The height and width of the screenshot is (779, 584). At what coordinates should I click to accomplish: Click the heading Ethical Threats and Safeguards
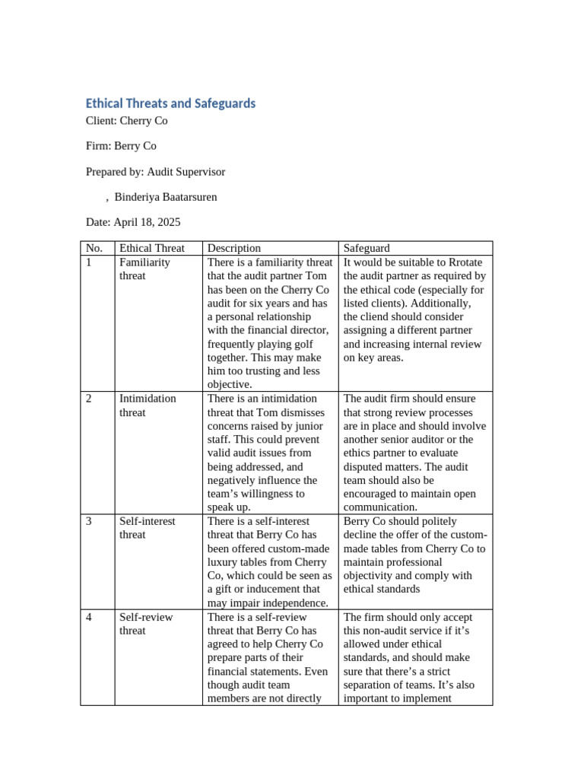170,103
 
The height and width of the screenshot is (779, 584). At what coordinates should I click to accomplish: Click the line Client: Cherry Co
126,121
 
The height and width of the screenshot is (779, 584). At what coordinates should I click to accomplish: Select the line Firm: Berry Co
121,146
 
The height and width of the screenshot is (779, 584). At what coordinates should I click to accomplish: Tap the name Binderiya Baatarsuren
165,197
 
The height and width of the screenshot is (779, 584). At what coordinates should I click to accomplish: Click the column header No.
94,248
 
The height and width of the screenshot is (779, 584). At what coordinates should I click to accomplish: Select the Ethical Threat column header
152,248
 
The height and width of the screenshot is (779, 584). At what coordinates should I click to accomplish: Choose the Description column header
234,248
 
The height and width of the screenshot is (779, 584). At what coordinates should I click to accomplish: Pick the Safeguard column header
367,248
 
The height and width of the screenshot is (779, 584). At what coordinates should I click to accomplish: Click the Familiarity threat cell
144,269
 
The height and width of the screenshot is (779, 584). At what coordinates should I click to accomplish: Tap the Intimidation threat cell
147,405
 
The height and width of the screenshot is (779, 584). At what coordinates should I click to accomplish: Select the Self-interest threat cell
147,528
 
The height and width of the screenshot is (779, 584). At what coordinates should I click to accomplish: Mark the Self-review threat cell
143,624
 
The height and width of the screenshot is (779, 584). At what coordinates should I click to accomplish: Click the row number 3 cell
89,521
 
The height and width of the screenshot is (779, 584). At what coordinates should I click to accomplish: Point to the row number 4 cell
89,617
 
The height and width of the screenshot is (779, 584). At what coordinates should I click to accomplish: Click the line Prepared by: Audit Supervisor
155,172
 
